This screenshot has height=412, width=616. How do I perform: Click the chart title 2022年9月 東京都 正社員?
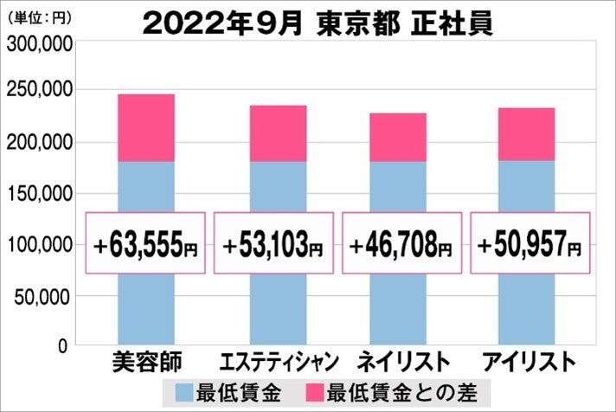click(318, 23)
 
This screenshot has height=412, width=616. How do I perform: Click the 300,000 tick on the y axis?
click(37, 47)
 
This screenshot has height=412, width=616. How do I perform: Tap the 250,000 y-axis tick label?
click(37, 91)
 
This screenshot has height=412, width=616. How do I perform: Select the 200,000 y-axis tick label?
click(37, 142)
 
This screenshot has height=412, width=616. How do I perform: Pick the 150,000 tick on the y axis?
click(37, 194)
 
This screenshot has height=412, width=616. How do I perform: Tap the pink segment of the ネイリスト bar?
click(398, 137)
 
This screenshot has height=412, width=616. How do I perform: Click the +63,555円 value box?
click(145, 243)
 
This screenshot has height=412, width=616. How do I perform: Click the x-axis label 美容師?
click(145, 361)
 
